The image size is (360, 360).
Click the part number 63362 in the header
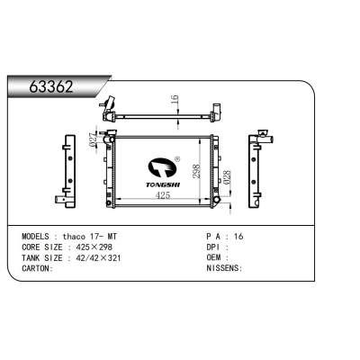[52, 88]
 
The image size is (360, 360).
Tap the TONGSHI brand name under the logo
[165, 180]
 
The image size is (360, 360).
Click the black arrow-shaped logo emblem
[162, 166]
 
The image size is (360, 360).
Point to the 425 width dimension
[163, 194]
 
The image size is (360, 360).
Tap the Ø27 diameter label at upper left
[94, 140]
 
